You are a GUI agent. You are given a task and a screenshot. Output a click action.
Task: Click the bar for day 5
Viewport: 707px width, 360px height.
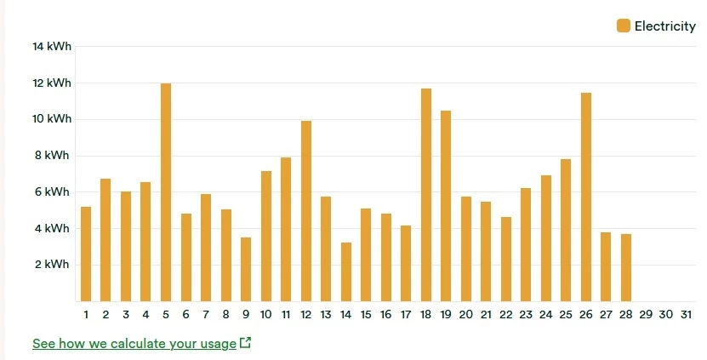point(166,192)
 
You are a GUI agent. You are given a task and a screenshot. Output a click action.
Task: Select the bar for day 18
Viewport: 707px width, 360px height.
point(426,195)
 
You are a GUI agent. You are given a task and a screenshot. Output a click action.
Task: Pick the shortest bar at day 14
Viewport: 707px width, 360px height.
point(346,271)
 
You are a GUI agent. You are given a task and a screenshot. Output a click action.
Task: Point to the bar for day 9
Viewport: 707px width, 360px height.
point(246,269)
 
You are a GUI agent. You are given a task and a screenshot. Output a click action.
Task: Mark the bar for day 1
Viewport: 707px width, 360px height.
point(86,254)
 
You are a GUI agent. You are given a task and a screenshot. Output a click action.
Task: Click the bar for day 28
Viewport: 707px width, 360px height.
point(626,267)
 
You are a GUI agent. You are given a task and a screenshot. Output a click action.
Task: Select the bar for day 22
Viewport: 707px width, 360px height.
point(506,259)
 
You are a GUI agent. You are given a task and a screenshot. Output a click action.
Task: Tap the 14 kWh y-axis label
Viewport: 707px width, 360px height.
point(52,47)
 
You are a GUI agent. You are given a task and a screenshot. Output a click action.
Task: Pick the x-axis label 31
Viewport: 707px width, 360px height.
point(687,315)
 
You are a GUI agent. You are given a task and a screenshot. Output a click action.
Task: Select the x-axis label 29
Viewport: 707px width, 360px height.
point(646,315)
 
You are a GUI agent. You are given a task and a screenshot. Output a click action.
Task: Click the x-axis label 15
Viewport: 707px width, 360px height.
point(366,315)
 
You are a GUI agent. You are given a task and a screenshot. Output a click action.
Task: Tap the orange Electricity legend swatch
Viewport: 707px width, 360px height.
point(624,26)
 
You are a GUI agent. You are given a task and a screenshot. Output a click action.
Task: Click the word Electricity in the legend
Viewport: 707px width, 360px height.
point(664,26)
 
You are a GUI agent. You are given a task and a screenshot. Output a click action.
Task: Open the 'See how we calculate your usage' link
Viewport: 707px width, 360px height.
point(134,344)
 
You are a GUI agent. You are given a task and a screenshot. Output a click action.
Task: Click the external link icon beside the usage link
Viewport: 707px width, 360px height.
point(246,343)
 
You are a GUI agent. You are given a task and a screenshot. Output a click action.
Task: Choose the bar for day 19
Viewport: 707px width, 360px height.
point(446,206)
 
